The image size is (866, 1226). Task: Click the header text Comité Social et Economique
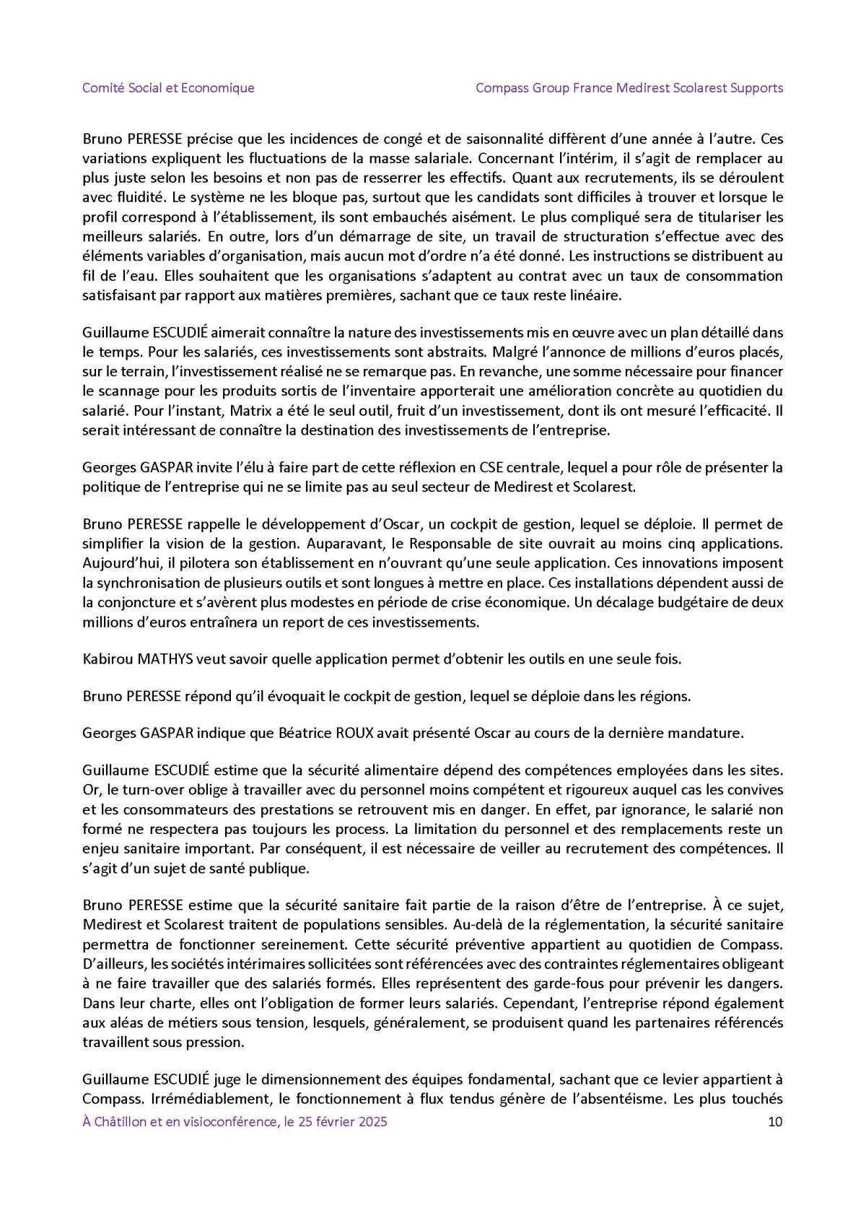pos(168,88)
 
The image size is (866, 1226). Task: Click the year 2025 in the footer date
pos(372,1121)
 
